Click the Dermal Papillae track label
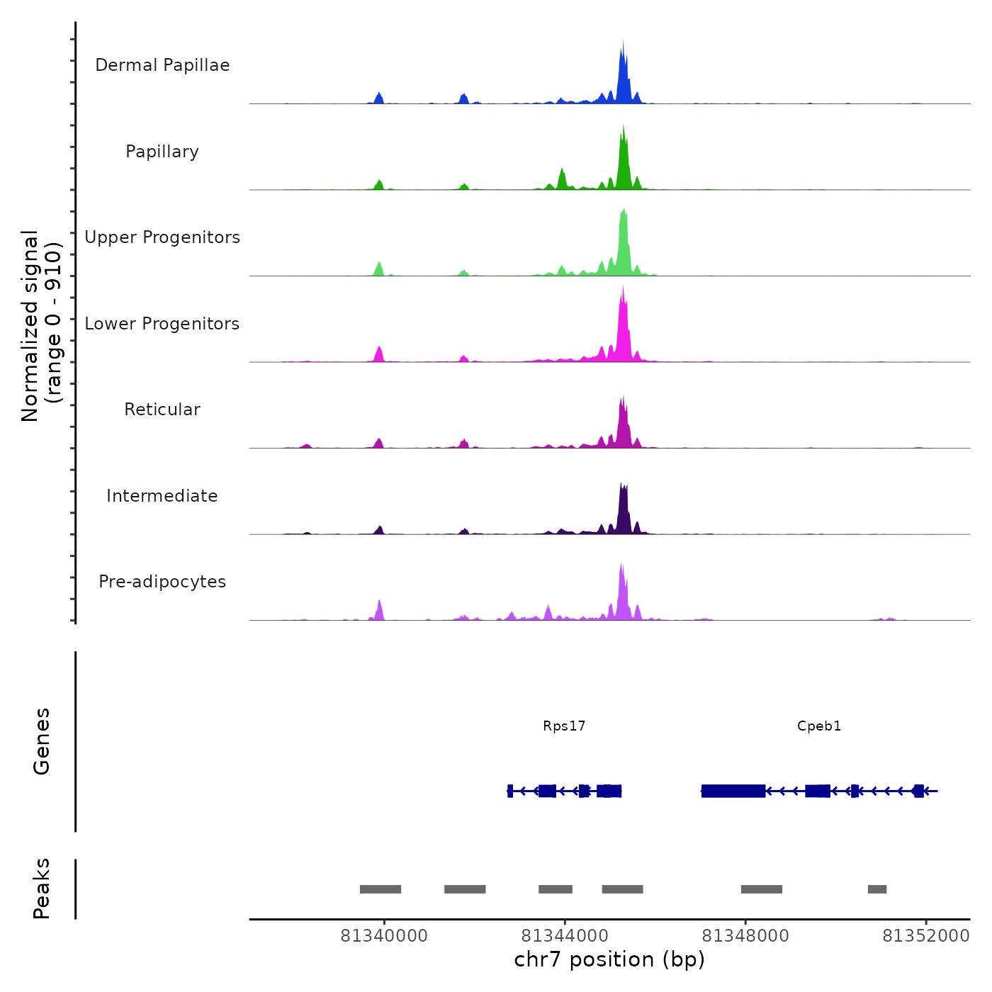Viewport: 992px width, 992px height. (x=162, y=65)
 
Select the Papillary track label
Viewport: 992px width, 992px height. (x=162, y=152)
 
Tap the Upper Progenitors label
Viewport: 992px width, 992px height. (x=162, y=237)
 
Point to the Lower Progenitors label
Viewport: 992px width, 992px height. (x=162, y=324)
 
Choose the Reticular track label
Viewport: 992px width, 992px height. (x=162, y=410)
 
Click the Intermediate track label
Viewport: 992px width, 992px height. (x=162, y=496)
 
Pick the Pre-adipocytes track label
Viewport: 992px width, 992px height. (x=162, y=582)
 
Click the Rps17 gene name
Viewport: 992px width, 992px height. (x=564, y=726)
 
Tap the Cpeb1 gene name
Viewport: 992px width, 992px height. (x=819, y=726)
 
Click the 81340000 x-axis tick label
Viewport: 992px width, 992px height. (x=384, y=936)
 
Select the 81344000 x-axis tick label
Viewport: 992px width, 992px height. (x=565, y=936)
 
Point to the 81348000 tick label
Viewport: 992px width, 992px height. (x=745, y=936)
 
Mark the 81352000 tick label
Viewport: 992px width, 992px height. (x=925, y=936)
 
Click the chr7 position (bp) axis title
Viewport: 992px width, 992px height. (x=609, y=959)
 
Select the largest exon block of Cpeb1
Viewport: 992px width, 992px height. (x=733, y=791)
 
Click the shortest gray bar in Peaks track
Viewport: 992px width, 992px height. (x=877, y=889)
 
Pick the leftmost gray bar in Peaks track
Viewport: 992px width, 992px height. (x=381, y=889)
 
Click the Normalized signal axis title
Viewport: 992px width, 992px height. (x=42, y=326)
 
